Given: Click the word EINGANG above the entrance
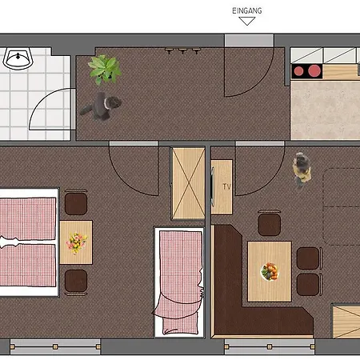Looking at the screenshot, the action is pyautogui.click(x=247, y=10).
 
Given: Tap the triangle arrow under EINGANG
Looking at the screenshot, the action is pyautogui.click(x=247, y=21).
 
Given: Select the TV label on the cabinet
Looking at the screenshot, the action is pyautogui.click(x=226, y=186).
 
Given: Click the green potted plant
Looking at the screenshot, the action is pyautogui.click(x=105, y=70).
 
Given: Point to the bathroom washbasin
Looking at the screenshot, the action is pyautogui.click(x=18, y=58).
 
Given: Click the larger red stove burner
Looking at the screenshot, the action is pyautogui.click(x=314, y=70).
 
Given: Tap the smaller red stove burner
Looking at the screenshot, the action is pyautogui.click(x=298, y=71).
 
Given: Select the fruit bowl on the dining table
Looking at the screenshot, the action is pyautogui.click(x=270, y=271).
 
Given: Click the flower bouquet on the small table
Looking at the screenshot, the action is pyautogui.click(x=77, y=242).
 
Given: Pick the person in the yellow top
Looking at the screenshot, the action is pyautogui.click(x=302, y=170).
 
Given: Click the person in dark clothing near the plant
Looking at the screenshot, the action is pyautogui.click(x=102, y=106).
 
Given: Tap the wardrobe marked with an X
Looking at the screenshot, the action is pyautogui.click(x=188, y=183).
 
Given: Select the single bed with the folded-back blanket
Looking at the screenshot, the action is pyautogui.click(x=179, y=282).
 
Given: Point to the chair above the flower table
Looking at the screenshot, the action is pyautogui.click(x=76, y=202).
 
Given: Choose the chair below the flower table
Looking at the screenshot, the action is pyautogui.click(x=76, y=282).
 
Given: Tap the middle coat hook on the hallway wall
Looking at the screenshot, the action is pyautogui.click(x=182, y=50).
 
